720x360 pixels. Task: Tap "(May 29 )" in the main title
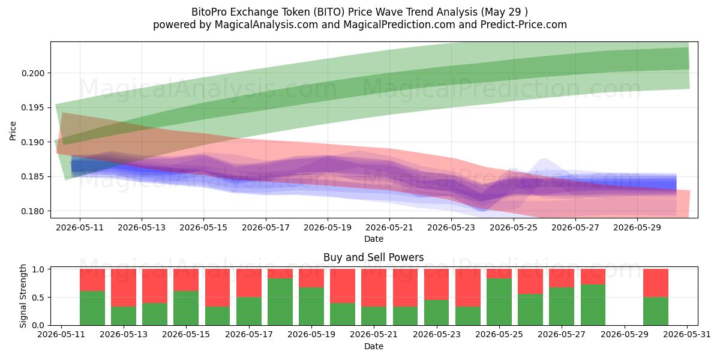(505, 12)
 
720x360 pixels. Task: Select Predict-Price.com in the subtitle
(524, 25)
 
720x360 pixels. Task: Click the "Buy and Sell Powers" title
(373, 257)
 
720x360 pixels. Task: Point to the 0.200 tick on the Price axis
(32, 73)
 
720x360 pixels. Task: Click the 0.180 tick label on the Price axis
(32, 211)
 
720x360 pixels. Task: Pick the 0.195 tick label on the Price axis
(32, 107)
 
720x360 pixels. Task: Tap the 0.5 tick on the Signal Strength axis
(39, 298)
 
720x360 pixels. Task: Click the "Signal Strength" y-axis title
(23, 296)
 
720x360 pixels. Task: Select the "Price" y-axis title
(13, 131)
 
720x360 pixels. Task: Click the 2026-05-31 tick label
(687, 335)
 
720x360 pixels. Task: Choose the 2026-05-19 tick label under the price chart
(328, 228)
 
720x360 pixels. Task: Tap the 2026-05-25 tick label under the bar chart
(499, 335)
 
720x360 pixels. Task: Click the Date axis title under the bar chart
(373, 347)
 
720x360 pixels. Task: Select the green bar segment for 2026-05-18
(280, 302)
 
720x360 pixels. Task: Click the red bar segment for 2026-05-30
(656, 283)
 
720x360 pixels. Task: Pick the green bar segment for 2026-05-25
(499, 302)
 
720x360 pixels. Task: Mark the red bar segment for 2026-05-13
(124, 287)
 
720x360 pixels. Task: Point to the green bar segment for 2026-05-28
(593, 305)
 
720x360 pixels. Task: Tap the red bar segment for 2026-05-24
(468, 287)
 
